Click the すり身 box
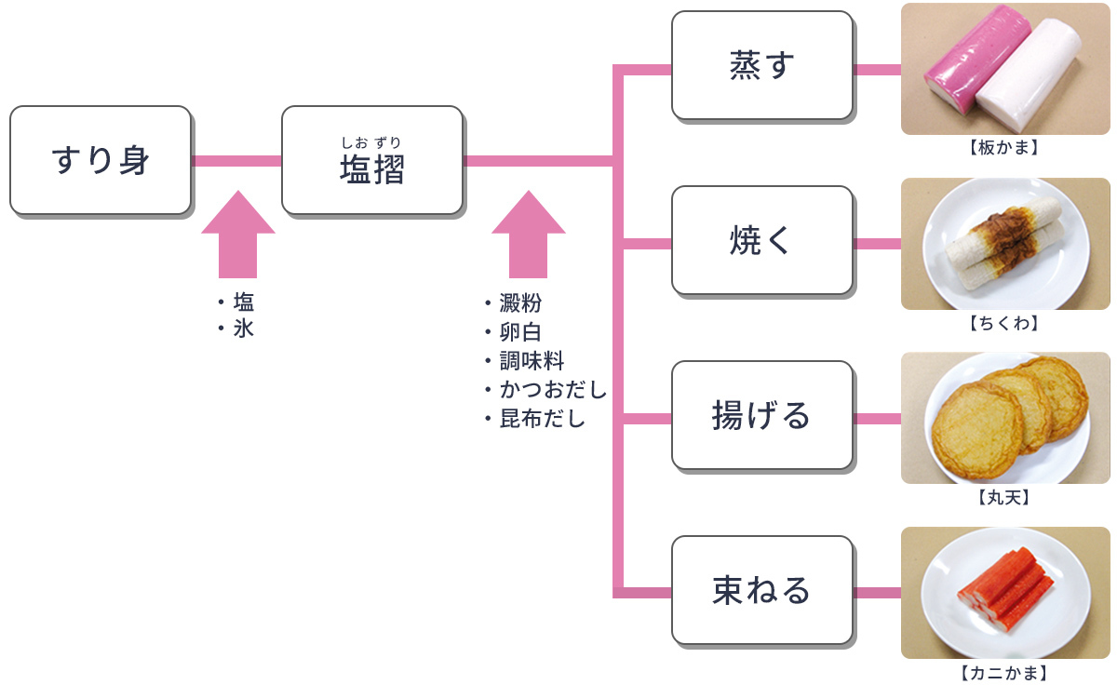tap(101, 161)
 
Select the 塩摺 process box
tap(372, 161)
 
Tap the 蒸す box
tap(761, 66)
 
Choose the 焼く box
tap(761, 241)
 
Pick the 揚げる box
tap(761, 415)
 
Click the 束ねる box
tap(761, 590)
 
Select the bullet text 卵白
tap(520, 332)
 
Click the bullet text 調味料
tap(532, 361)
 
